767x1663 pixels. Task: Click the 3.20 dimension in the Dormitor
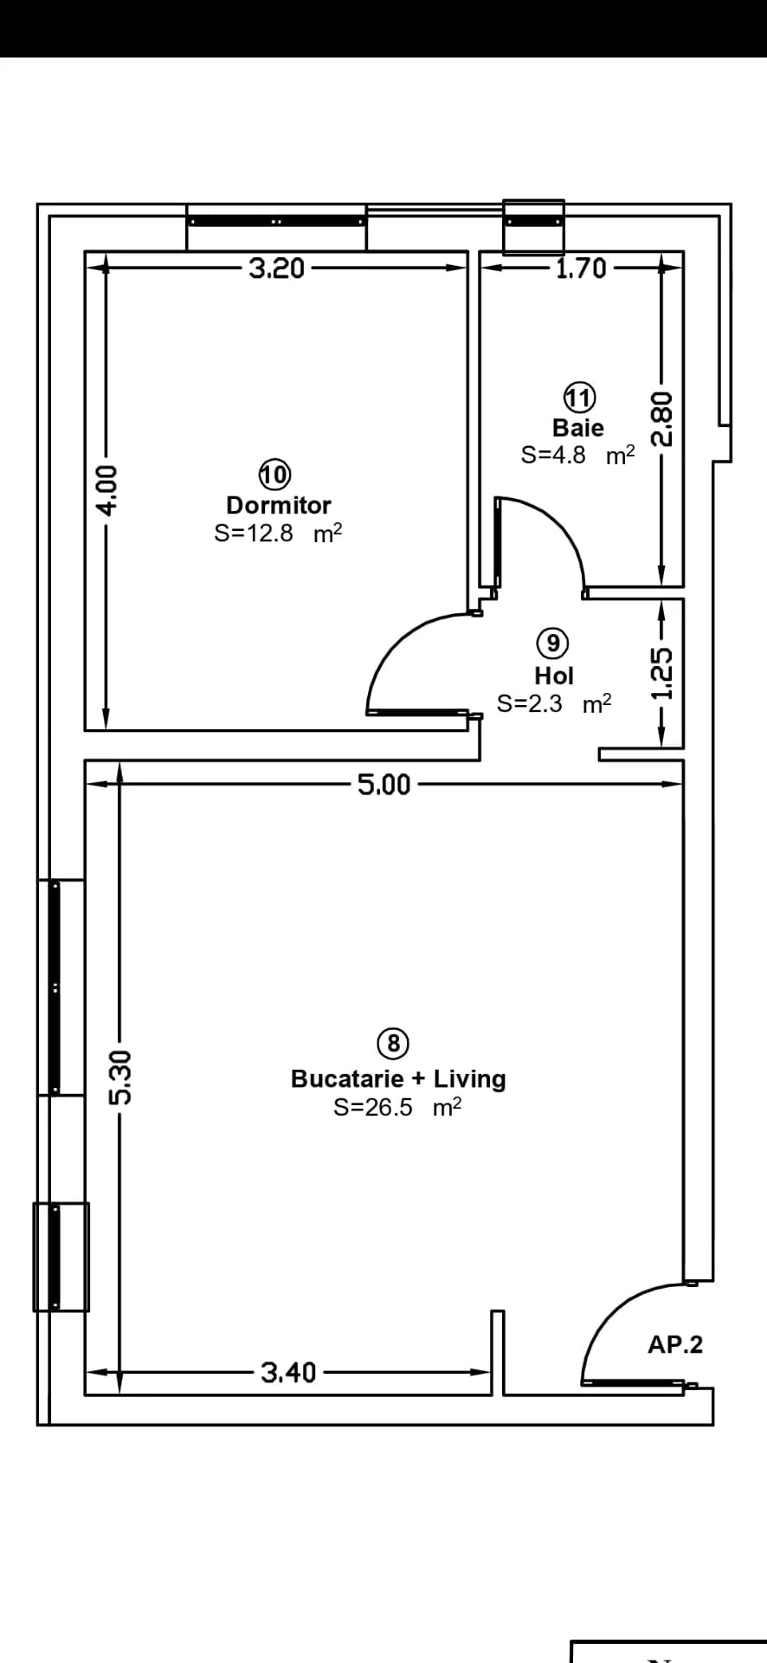[277, 269]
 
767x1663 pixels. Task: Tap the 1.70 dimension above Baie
[581, 269]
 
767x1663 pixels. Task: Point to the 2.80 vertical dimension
[661, 417]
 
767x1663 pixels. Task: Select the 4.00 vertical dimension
[105, 490]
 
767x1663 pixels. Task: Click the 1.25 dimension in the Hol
[661, 676]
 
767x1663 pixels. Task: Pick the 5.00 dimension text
[384, 785]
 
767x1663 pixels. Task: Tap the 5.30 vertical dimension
[120, 1077]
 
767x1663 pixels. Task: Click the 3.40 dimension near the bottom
[289, 1373]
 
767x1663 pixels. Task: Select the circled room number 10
[274, 475]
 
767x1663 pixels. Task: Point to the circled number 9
[552, 643]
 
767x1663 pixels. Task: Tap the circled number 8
[394, 1044]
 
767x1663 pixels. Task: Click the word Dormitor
[279, 505]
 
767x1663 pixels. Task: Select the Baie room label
[578, 427]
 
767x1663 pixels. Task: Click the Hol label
[554, 675]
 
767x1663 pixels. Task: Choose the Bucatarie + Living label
[398, 1078]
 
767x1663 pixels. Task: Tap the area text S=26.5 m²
[397, 1107]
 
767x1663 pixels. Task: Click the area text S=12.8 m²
[279, 533]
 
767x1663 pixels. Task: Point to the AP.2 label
[675, 1345]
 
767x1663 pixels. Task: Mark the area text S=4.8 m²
[578, 455]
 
